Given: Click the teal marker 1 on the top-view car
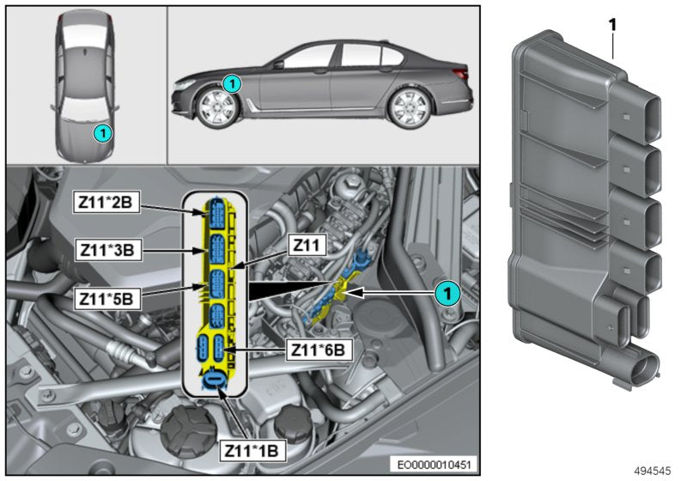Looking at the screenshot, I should coord(101,133).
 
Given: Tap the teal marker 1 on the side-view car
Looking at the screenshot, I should coord(229,83).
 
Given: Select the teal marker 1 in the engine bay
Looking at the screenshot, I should coord(446,293).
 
